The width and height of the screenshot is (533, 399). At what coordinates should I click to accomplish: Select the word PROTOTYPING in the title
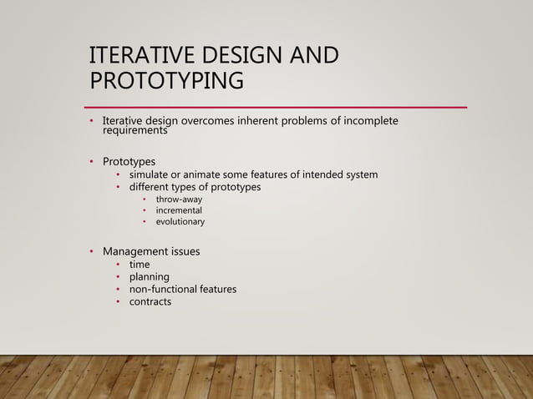coord(166,81)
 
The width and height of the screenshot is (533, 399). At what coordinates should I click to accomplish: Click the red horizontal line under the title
coord(276,108)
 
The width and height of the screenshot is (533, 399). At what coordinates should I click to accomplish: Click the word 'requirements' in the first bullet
coord(135,131)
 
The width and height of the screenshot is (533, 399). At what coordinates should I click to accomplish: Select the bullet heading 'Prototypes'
coord(129,161)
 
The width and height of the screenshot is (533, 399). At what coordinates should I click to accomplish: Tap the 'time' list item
coord(139,265)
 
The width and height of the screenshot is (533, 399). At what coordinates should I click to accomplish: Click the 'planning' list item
coord(149,277)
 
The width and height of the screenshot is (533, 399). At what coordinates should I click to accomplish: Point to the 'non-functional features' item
coord(182,289)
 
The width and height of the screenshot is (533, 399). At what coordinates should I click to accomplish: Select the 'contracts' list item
coord(150,301)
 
